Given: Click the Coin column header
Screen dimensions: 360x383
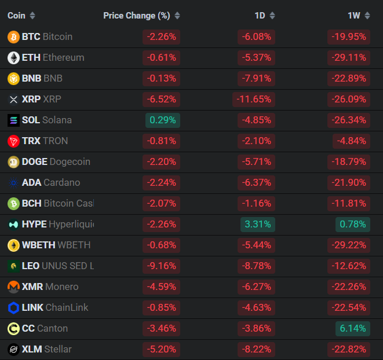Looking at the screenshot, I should point(17,16).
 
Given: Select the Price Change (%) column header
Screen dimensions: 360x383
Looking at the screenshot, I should point(137,16).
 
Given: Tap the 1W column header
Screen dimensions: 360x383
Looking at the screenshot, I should point(353,16).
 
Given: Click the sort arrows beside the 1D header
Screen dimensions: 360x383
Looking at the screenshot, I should point(272,16).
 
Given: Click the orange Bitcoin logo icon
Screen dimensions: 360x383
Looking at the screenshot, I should point(13,37).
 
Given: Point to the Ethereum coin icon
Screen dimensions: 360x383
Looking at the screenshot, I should point(13,58).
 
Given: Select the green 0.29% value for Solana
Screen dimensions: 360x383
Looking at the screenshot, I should point(162,120).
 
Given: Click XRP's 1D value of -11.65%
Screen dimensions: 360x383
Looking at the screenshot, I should point(254,100).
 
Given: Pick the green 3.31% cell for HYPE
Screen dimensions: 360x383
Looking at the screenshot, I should point(257,225).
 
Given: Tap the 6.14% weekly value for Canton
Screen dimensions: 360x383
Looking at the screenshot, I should point(352,329).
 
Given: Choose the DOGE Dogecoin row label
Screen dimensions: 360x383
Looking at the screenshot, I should point(56,162).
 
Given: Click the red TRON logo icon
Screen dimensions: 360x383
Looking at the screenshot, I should point(13,141).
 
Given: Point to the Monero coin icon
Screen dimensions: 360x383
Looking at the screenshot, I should point(13,287).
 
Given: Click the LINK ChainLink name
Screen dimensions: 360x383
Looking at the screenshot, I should point(55,308).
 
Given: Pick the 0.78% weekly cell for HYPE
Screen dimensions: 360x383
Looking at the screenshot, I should point(352,225).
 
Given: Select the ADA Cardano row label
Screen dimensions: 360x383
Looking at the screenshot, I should point(51,183).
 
